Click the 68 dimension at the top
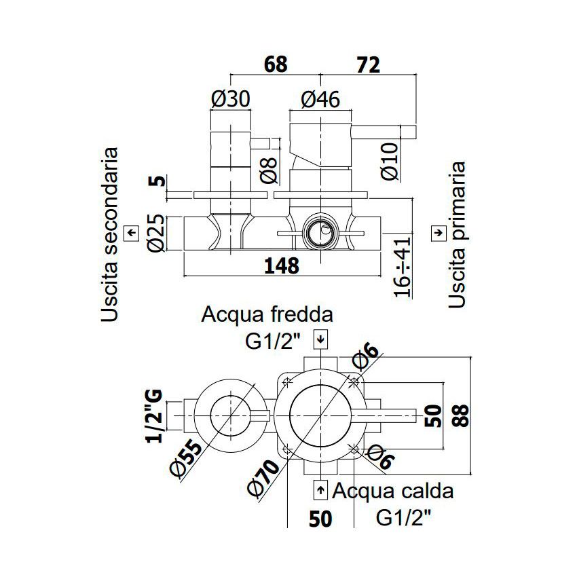click(276, 64)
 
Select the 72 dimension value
click(368, 65)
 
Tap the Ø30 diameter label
click(231, 98)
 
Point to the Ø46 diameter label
click(320, 99)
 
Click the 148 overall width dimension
click(282, 265)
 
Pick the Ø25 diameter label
click(156, 233)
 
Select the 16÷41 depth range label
click(402, 267)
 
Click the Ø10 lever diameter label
click(390, 161)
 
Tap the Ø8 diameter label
click(269, 170)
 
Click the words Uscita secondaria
click(110, 235)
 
